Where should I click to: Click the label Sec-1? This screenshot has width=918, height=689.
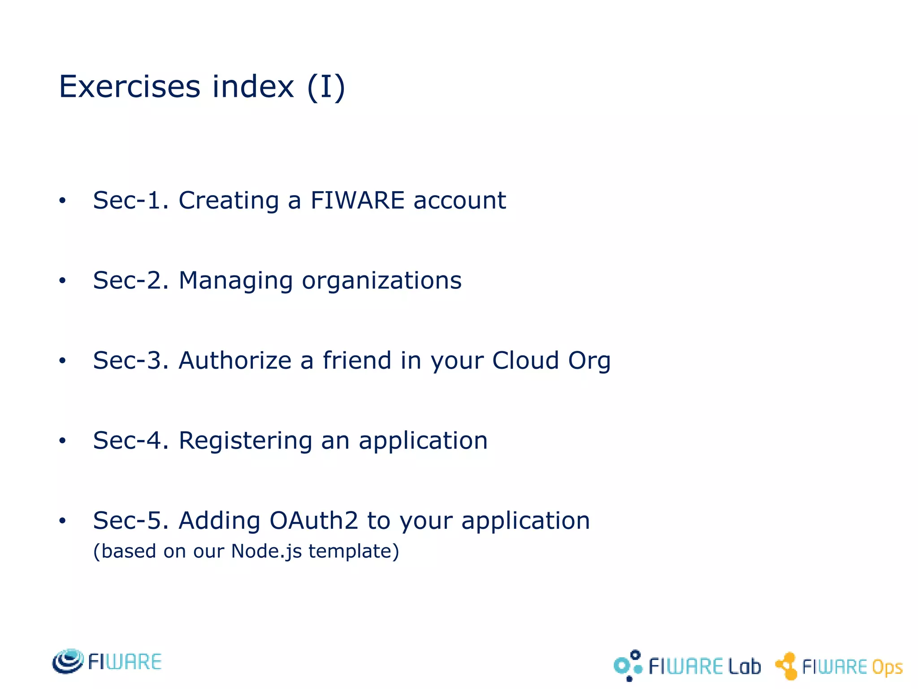(130, 200)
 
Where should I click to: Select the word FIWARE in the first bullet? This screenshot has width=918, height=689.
(357, 200)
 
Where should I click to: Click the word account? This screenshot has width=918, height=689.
(459, 201)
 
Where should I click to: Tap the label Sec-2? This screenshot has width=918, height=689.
(130, 280)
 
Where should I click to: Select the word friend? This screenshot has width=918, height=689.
(357, 360)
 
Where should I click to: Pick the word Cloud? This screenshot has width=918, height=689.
(525, 360)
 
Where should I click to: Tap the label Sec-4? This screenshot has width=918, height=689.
(130, 440)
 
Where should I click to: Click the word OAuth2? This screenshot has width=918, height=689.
(314, 520)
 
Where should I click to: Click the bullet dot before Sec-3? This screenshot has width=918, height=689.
(62, 361)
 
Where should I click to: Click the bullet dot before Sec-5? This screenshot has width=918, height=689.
(62, 521)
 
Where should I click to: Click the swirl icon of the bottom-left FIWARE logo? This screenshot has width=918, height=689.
(68, 661)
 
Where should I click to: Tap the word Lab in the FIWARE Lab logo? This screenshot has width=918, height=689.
(744, 667)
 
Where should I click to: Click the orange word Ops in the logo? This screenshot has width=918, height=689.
(887, 667)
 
